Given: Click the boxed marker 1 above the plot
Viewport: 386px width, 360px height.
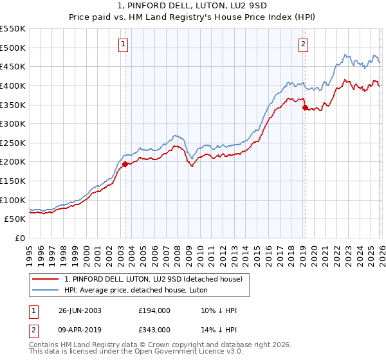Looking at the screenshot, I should point(123,44).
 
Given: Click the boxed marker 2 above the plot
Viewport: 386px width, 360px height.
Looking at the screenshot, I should point(303,44).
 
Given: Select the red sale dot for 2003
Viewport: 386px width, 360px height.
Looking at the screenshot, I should point(125,164).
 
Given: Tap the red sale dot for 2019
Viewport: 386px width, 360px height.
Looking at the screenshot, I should point(305,107).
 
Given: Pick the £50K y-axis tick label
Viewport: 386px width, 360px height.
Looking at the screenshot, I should point(15,219).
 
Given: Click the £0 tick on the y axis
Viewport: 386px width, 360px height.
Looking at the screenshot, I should point(21,239).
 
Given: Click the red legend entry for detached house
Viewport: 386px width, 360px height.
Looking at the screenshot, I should point(153,279).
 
